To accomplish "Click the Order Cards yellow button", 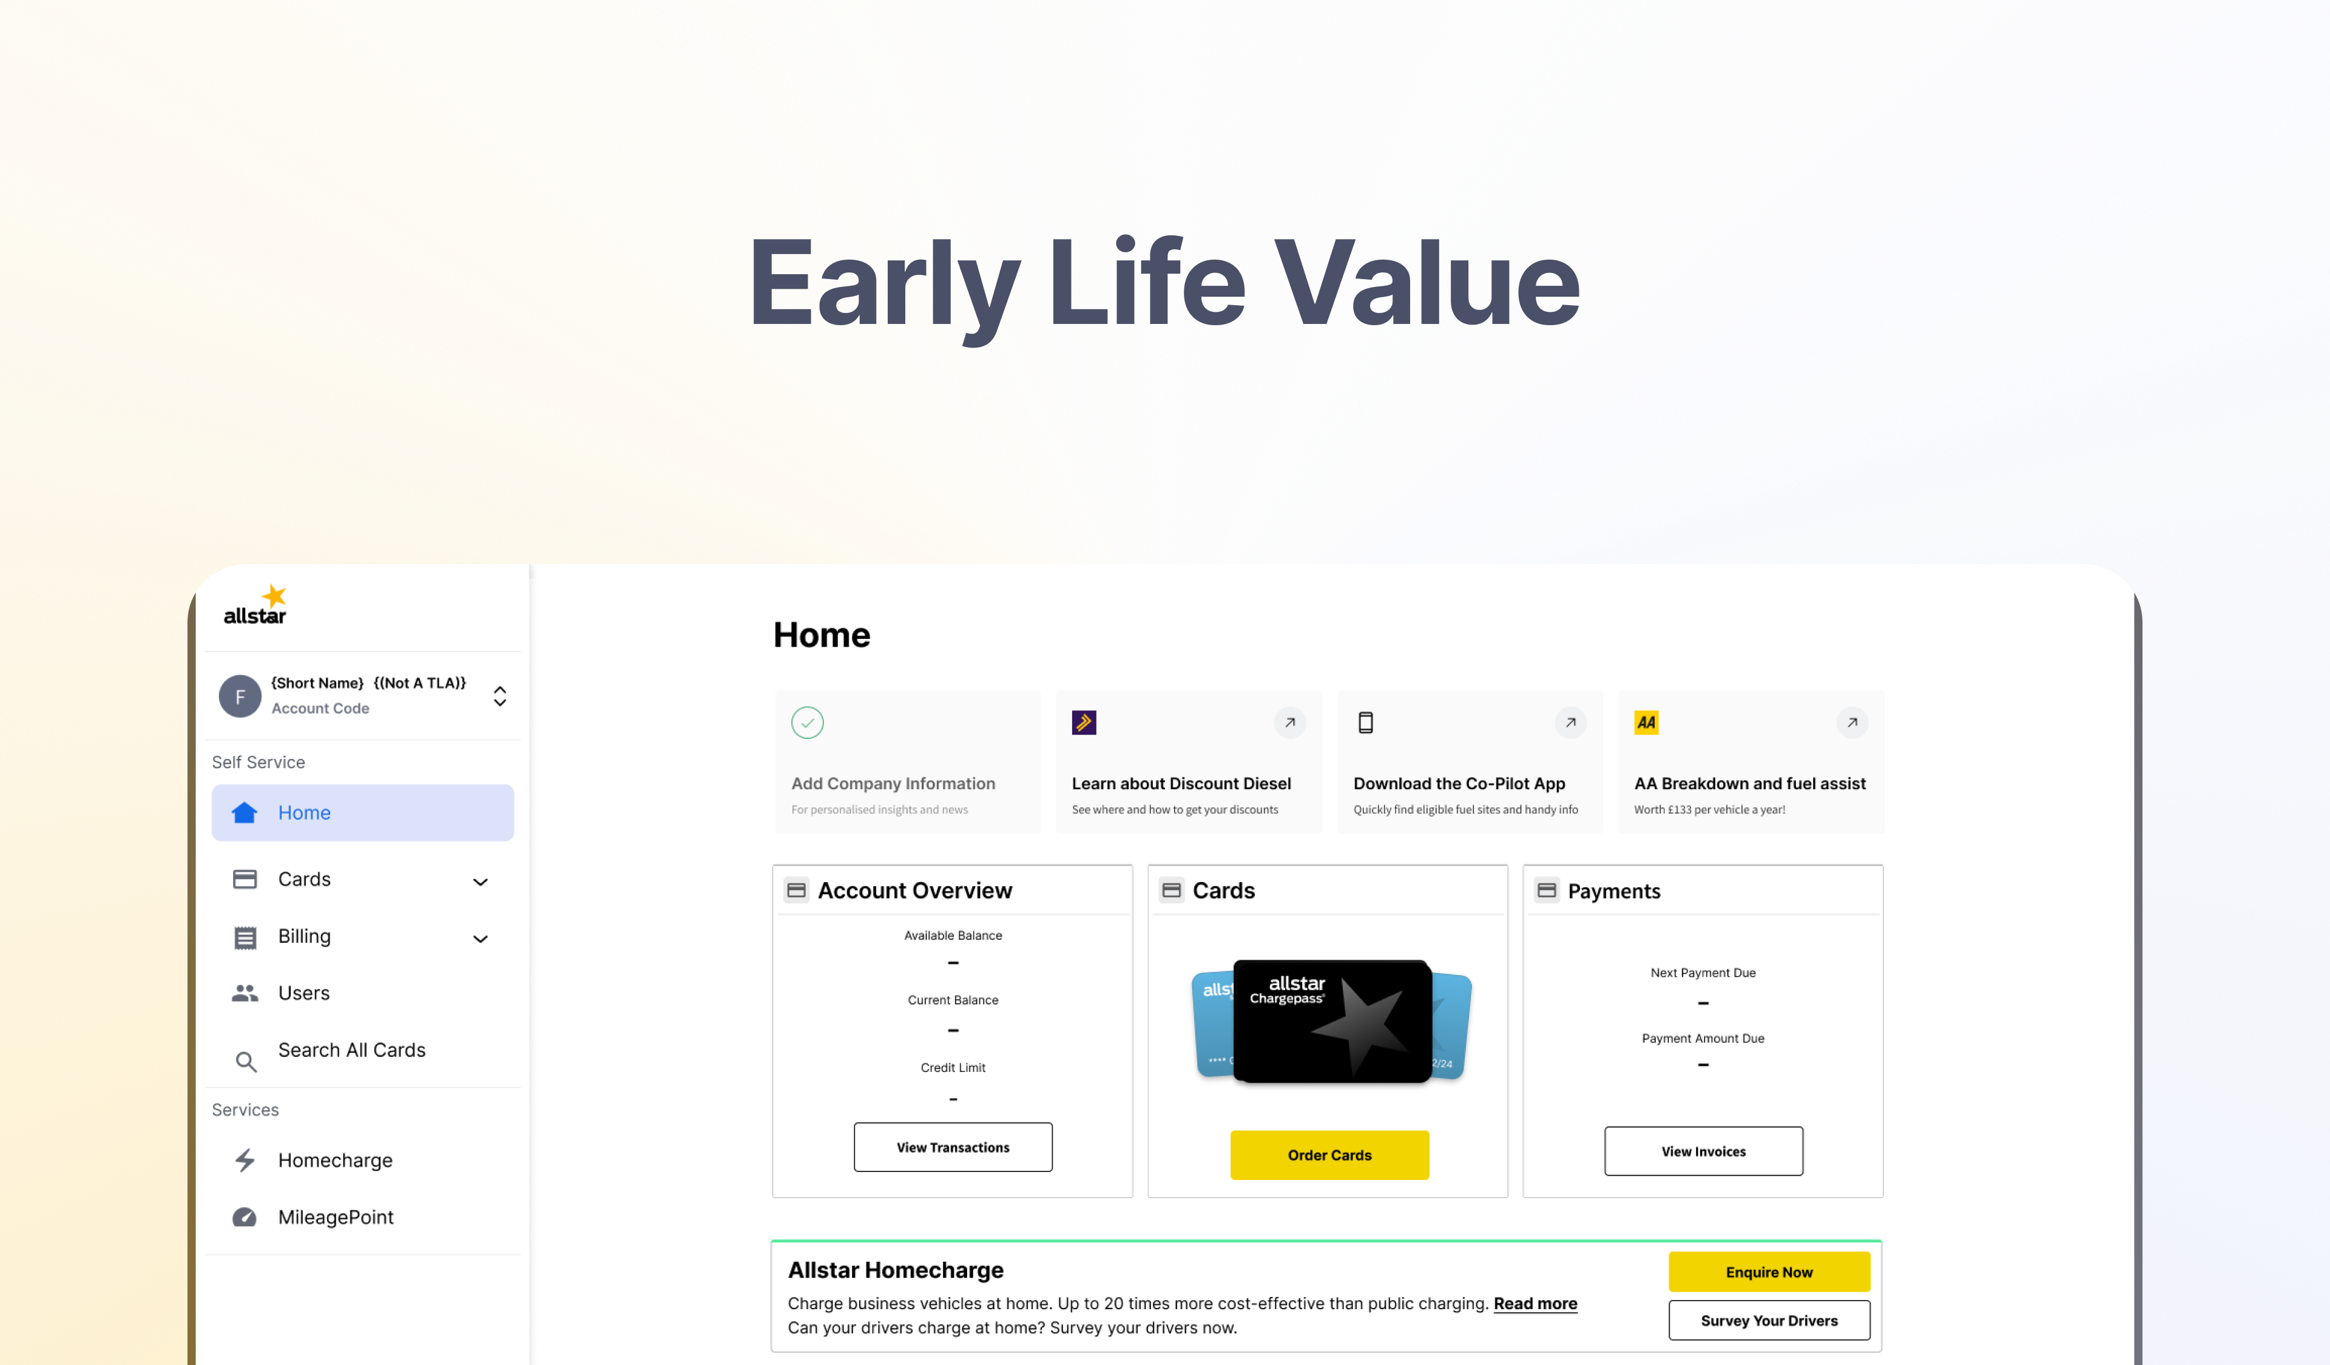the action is [1329, 1154].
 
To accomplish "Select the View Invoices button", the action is [1703, 1151].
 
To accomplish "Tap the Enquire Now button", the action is [1769, 1272].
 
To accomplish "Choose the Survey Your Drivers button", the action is [1769, 1319].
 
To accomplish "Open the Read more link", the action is [1535, 1303].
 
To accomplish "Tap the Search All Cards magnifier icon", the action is [245, 1062].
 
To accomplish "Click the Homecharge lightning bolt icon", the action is [245, 1160].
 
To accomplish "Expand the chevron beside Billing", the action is [481, 939].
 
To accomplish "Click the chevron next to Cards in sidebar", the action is [481, 881].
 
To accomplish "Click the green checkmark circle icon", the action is [807, 722].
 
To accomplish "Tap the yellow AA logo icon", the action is [1646, 722].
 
